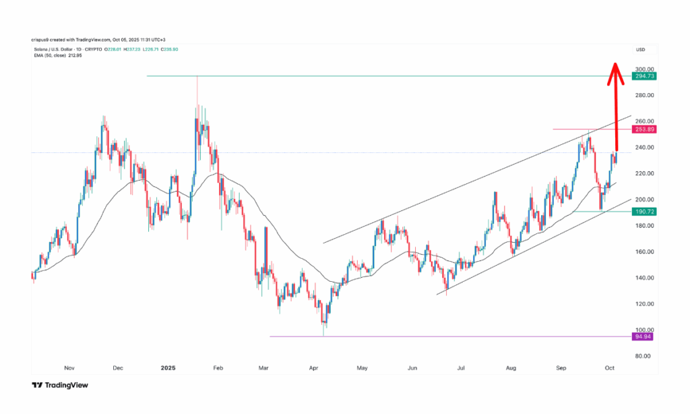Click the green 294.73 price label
click(644, 76)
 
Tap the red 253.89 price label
click(644, 129)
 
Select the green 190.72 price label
click(644, 212)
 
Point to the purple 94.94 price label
click(644, 336)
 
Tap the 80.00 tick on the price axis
click(641, 356)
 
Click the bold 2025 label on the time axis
click(168, 368)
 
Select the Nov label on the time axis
click(68, 368)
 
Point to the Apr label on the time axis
click(313, 368)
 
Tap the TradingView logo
click(60, 385)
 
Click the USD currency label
click(641, 51)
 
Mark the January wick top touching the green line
click(197, 78)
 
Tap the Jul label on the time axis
click(462, 368)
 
